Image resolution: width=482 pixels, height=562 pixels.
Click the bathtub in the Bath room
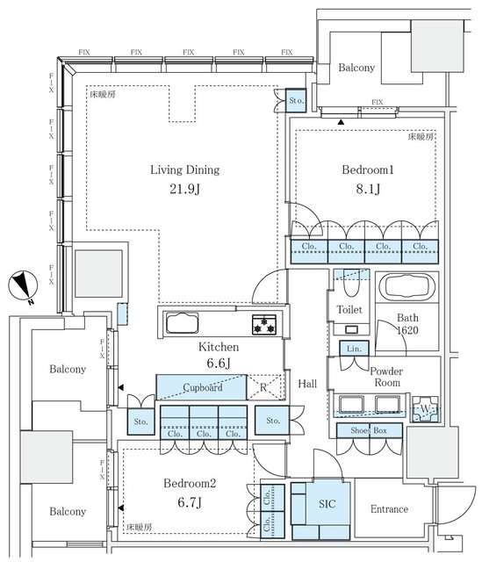pos(407,287)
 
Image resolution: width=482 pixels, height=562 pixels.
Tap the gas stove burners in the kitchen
pos(264,324)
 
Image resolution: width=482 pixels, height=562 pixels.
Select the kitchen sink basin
pos(182,323)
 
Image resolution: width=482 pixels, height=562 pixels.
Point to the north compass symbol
pos(24,286)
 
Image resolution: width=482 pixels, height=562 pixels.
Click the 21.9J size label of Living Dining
pos(184,189)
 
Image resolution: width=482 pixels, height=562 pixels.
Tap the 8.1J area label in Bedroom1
pos(368,189)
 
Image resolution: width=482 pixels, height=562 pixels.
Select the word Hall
pos(307,384)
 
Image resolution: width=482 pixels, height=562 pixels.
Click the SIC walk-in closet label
pos(327,504)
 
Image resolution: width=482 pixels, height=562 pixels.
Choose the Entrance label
pos(389,509)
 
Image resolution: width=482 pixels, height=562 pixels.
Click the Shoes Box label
pos(369,430)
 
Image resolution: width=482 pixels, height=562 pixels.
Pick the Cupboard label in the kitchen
pos(203,387)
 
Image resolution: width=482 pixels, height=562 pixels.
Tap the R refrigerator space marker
pos(263,387)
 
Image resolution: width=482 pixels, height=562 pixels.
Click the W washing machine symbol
pos(425,408)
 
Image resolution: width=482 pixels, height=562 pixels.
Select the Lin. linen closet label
pos(354,349)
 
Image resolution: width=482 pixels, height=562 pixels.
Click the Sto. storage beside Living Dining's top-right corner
pos(296,100)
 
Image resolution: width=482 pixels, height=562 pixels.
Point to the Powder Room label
pos(386,377)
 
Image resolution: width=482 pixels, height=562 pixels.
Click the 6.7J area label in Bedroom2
pos(190,502)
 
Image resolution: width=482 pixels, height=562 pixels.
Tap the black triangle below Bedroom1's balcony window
pos(341,122)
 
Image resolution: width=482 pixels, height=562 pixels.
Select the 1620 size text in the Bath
pos(407,330)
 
